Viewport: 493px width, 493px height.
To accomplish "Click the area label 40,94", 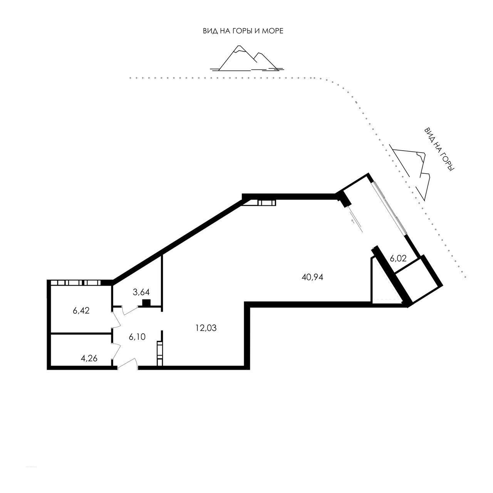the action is pyautogui.click(x=312, y=277).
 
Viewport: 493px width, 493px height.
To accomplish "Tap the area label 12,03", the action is pyautogui.click(x=206, y=328).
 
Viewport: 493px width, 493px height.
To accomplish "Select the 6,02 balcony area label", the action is pyautogui.click(x=398, y=258).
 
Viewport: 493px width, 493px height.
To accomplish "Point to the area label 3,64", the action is pyautogui.click(x=141, y=292).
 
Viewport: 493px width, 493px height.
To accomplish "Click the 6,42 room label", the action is pyautogui.click(x=81, y=310).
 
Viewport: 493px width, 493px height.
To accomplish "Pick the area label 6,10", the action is pyautogui.click(x=137, y=337).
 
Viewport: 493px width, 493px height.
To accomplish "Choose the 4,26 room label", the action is pyautogui.click(x=89, y=359).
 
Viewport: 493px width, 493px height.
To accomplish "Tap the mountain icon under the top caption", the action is pyautogui.click(x=247, y=58).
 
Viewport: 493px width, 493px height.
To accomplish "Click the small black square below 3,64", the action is pyautogui.click(x=146, y=302).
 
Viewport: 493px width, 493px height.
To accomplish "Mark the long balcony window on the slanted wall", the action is pyautogui.click(x=390, y=208).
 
